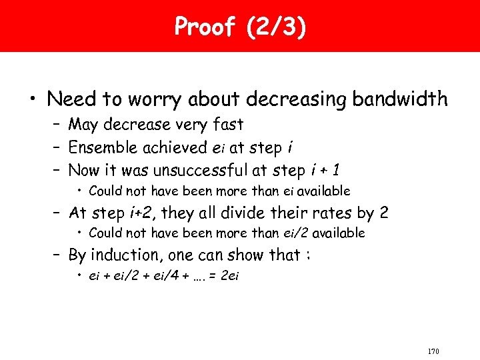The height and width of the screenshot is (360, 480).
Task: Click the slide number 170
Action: [433, 351]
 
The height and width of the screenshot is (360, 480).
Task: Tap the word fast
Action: [227, 125]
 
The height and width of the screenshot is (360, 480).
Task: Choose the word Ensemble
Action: [101, 147]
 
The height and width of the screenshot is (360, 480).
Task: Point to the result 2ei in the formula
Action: [228, 276]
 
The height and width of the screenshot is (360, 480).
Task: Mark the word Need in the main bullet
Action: [71, 99]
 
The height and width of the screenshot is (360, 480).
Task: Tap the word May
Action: [84, 125]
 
